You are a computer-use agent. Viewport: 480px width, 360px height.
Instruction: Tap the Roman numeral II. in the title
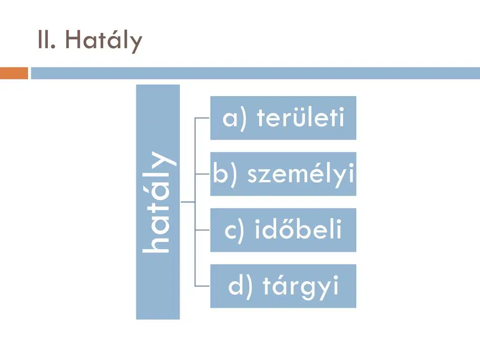coord(46,39)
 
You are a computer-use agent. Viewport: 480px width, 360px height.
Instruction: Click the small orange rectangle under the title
coord(14,73)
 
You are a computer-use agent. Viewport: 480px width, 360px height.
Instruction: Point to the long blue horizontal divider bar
coord(255,73)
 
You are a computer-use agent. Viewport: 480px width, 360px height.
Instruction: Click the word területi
coord(300,118)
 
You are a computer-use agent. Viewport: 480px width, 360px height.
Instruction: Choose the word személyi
coord(300,174)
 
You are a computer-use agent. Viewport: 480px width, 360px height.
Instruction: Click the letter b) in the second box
coord(225,173)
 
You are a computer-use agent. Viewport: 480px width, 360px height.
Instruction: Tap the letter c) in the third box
coord(234,231)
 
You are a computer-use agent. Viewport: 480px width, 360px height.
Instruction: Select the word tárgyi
coord(300,286)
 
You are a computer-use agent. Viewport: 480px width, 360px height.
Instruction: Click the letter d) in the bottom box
coord(240,286)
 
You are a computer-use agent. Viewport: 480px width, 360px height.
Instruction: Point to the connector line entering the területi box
coord(202,118)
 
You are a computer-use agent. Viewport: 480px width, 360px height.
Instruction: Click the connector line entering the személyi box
coord(202,174)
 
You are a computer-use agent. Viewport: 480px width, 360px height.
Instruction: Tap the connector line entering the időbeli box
coord(202,230)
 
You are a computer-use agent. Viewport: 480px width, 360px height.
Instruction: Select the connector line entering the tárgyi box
coord(202,286)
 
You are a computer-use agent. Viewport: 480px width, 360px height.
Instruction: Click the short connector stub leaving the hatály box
coord(187,202)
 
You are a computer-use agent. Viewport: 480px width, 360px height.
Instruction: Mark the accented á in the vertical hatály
coord(157,196)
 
